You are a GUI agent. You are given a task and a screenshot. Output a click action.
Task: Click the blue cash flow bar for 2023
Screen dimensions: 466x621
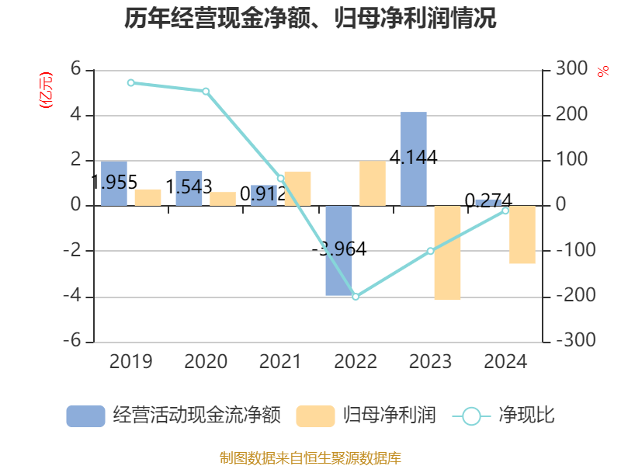(x=414, y=158)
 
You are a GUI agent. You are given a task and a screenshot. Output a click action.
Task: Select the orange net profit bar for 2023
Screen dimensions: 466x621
(x=447, y=252)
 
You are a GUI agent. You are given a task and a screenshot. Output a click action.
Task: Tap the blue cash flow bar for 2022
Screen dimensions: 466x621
(x=338, y=250)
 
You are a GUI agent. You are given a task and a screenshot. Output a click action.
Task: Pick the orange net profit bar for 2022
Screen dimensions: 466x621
(x=373, y=183)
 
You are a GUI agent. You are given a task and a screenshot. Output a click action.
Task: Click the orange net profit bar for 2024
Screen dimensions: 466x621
(x=522, y=235)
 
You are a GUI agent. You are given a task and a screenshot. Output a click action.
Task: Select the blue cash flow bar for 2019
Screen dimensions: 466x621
(x=114, y=183)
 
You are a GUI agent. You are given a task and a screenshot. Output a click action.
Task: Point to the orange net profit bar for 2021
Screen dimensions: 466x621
(x=297, y=189)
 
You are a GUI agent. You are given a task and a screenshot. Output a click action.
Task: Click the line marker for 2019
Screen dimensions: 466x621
(x=131, y=82)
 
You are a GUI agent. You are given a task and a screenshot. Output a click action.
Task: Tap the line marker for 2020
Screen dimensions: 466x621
(x=206, y=91)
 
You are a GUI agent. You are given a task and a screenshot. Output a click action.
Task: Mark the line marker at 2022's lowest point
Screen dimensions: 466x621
(x=356, y=297)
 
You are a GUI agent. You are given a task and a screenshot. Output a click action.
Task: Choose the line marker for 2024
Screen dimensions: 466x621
(x=505, y=210)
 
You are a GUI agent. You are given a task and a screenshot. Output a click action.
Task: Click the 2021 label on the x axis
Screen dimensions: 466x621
(x=280, y=362)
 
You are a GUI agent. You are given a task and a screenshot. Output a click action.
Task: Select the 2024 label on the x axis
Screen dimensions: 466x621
(x=505, y=362)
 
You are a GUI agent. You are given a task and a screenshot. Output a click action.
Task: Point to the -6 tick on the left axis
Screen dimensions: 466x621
(x=75, y=342)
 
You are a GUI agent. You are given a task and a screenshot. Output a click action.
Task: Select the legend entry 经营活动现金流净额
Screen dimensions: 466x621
(x=172, y=416)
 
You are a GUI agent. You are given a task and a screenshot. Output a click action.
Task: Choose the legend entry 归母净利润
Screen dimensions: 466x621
(x=366, y=416)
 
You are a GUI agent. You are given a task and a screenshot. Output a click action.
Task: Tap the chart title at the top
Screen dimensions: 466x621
(x=310, y=19)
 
